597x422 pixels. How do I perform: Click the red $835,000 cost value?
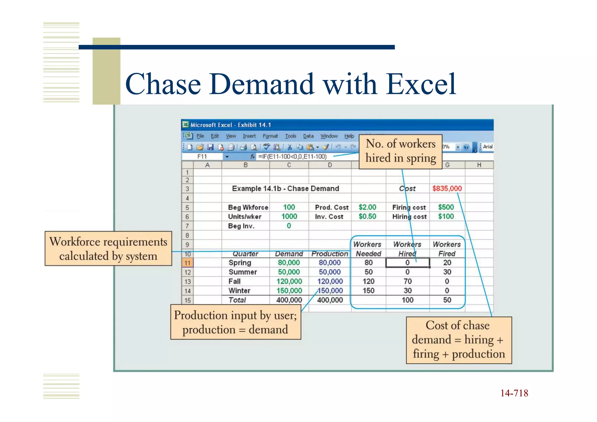(447, 188)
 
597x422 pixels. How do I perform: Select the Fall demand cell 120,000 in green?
(289, 281)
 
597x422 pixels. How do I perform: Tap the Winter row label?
(239, 291)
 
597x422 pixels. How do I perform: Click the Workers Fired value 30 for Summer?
(447, 272)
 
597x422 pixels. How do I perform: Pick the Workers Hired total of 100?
(407, 300)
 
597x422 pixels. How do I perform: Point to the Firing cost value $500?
(446, 207)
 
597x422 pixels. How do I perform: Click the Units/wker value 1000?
(289, 216)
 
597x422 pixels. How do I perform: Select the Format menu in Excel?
(270, 136)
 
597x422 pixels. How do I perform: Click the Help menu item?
(349, 136)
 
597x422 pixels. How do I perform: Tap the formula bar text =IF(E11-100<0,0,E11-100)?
(292, 157)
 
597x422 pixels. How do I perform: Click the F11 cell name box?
(202, 157)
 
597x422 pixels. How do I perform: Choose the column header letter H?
(479, 165)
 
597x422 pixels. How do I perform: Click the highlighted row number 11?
(187, 263)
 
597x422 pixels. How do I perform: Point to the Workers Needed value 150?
(368, 291)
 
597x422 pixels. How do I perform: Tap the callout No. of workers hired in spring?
(401, 151)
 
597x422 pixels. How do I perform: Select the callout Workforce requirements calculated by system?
(108, 248)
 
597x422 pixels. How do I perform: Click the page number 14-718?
(514, 393)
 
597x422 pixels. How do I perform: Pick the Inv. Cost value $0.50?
(367, 216)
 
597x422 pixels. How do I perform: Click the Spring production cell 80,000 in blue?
(329, 263)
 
